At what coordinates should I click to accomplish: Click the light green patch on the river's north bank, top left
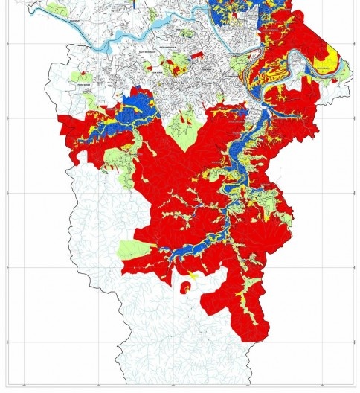(x=55, y=10)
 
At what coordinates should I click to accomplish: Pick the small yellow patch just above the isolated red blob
(x=191, y=275)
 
